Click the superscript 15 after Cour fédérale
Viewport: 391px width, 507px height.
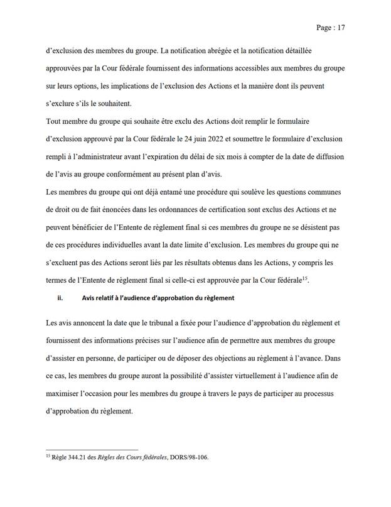[304, 277]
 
